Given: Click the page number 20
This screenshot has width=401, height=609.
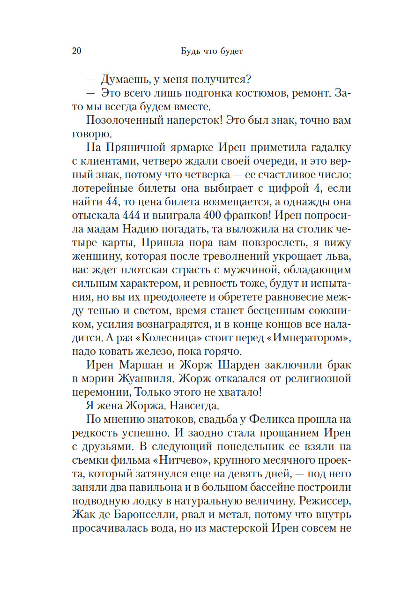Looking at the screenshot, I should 77,51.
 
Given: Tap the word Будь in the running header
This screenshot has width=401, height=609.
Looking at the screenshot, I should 192,51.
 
